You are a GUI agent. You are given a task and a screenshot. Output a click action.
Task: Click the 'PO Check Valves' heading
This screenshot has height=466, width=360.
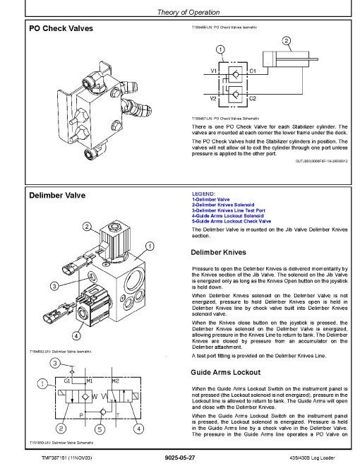pyautogui.click(x=61, y=28)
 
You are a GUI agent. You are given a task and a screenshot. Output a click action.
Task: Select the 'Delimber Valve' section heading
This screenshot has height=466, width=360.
pyautogui.click(x=57, y=196)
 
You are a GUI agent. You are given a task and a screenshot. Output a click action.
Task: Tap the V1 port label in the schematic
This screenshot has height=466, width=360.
pyautogui.click(x=214, y=71)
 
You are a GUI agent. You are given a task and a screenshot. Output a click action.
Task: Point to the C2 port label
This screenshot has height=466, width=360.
pyautogui.click(x=253, y=98)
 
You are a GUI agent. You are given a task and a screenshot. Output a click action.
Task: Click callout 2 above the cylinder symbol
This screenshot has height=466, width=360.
pyautogui.click(x=286, y=41)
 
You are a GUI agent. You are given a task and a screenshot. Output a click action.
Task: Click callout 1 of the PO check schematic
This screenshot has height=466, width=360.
pyautogui.click(x=220, y=49)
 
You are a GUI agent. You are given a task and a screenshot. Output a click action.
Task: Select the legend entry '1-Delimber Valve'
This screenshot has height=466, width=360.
pyautogui.click(x=210, y=199)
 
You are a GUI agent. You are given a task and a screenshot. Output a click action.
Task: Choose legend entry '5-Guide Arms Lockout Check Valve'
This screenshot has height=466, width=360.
pyautogui.click(x=232, y=221)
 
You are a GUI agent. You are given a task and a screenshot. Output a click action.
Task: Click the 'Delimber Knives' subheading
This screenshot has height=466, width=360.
pyautogui.click(x=219, y=252)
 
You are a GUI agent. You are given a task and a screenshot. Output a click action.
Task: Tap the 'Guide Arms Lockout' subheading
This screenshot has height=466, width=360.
pyautogui.click(x=226, y=372)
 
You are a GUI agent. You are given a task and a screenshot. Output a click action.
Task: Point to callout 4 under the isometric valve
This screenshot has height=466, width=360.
pyautogui.click(x=76, y=336)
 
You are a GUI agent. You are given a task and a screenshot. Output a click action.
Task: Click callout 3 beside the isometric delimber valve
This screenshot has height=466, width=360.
pyautogui.click(x=54, y=286)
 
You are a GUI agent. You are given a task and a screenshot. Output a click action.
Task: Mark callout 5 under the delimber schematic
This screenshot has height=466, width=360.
pyautogui.click(x=100, y=429)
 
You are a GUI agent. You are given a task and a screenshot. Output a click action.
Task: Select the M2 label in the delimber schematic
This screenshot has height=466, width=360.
pyautogui.click(x=116, y=381)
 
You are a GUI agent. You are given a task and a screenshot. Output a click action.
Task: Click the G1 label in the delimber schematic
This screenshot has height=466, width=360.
pyautogui.click(x=67, y=381)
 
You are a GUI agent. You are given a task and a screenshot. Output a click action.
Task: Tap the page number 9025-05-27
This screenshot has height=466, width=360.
pyautogui.click(x=180, y=458)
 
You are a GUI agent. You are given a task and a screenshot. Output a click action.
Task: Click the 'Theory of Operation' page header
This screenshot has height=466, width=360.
pyautogui.click(x=188, y=12)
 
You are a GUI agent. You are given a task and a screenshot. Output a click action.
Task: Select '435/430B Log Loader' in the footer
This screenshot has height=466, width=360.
pyautogui.click(x=312, y=458)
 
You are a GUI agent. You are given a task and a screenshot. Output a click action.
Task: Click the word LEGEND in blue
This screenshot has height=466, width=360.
pyautogui.click(x=203, y=193)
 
